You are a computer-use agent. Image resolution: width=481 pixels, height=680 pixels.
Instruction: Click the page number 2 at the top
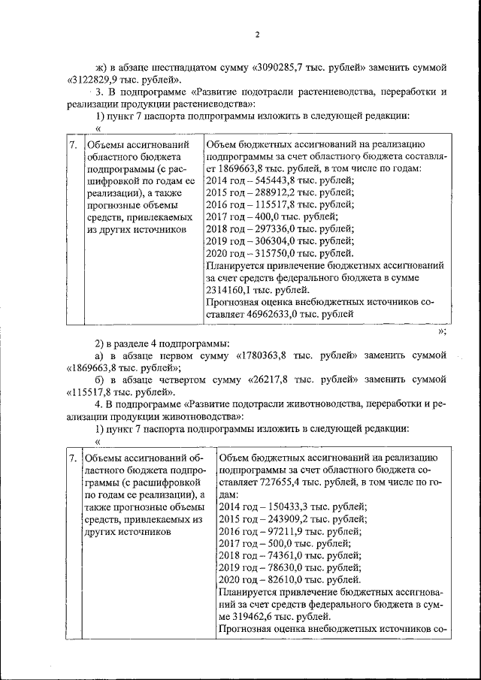(x=256, y=35)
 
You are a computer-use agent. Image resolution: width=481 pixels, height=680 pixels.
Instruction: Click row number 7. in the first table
(x=73, y=144)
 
